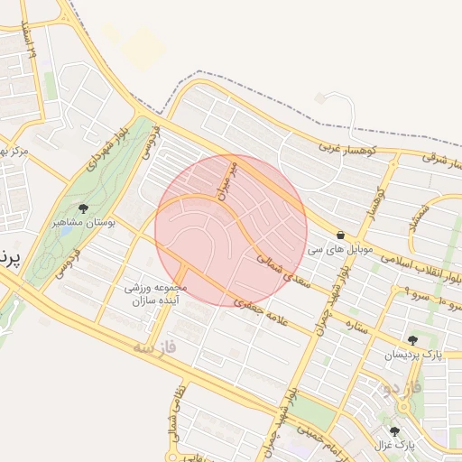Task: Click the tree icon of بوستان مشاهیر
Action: pos(83,208)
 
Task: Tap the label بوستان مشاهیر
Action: pos(83,221)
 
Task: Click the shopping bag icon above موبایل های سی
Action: pos(339,234)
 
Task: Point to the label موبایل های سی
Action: pos(339,247)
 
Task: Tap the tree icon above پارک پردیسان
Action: pos(412,340)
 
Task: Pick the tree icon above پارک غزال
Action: pos(394,431)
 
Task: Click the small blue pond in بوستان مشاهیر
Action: pos(65,231)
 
